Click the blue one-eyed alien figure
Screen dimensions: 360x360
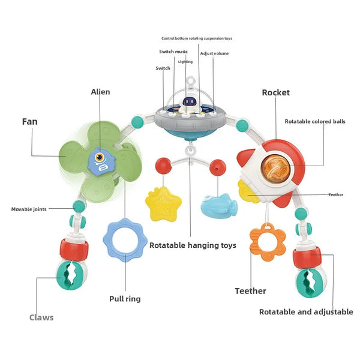(x=101, y=162)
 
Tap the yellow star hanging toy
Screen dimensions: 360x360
(x=163, y=204)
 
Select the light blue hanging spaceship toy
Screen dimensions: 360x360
(x=219, y=206)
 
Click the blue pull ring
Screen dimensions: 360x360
(x=125, y=240)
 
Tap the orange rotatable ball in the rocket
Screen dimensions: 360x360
(x=275, y=169)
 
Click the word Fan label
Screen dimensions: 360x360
(x=29, y=122)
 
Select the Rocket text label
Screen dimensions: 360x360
(x=276, y=92)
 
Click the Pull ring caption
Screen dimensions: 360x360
(x=125, y=299)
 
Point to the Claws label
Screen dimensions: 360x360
(x=41, y=317)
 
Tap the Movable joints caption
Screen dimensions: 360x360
(x=29, y=209)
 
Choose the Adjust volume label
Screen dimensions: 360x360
(x=214, y=53)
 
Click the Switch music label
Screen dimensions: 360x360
(x=173, y=52)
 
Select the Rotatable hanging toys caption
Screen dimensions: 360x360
(x=193, y=245)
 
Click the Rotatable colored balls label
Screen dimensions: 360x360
(x=315, y=121)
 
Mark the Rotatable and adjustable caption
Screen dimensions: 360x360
(x=306, y=312)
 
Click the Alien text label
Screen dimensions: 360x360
(x=100, y=92)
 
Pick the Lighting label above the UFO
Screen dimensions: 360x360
(x=185, y=62)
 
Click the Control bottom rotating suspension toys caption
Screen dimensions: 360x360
(x=197, y=38)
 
